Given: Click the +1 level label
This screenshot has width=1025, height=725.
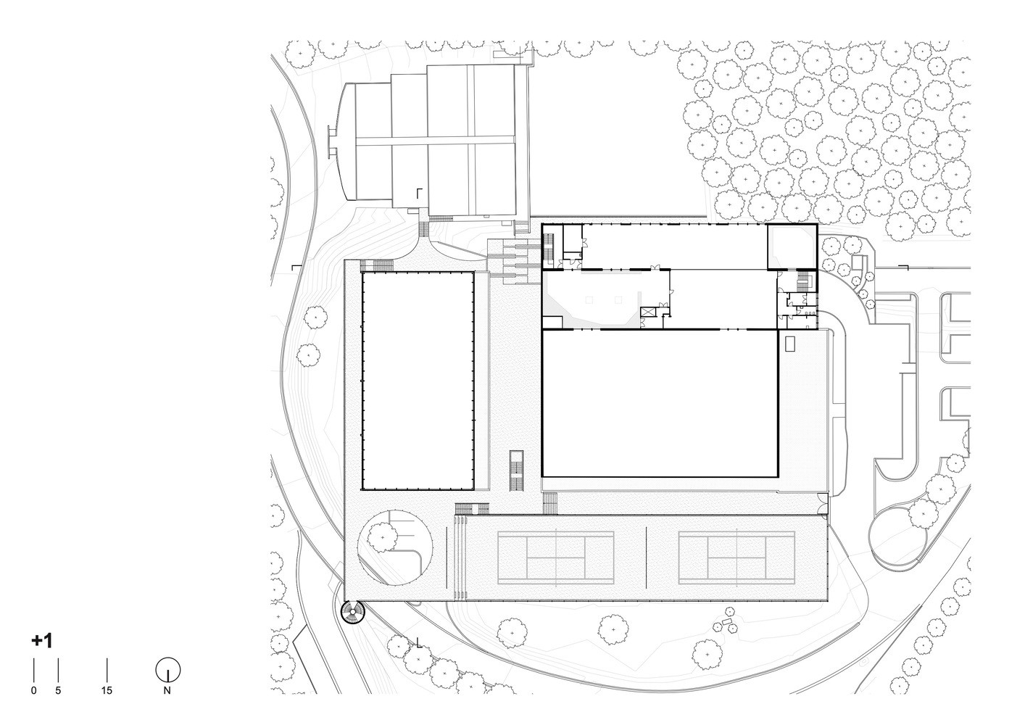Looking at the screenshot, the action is [41, 641].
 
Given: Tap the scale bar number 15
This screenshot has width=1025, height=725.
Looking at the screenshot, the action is [107, 691].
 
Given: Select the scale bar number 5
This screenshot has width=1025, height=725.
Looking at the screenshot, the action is [58, 691].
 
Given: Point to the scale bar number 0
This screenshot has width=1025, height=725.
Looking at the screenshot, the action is [34, 691].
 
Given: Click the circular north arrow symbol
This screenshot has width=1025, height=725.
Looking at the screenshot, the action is [167, 671].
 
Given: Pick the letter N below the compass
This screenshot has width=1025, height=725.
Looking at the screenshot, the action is [167, 691].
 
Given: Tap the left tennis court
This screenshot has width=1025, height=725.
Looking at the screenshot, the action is [555, 558].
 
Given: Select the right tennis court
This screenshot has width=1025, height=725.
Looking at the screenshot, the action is [736, 558].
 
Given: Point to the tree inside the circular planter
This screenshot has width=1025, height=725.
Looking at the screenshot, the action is [382, 537].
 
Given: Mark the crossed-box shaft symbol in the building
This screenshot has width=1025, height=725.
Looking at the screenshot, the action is [648, 312].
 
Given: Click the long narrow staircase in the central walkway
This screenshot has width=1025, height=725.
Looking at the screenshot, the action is [517, 471].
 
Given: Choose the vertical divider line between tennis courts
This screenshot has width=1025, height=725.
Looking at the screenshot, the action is [646, 558].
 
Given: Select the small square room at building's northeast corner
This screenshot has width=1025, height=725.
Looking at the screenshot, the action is [792, 246].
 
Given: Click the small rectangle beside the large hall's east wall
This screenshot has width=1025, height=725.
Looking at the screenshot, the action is [790, 343].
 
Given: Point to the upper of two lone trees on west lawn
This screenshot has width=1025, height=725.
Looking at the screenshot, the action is [316, 318].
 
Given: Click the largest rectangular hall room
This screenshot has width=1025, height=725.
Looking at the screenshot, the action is [660, 403].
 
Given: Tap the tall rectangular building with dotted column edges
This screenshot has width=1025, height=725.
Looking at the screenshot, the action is [418, 381].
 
